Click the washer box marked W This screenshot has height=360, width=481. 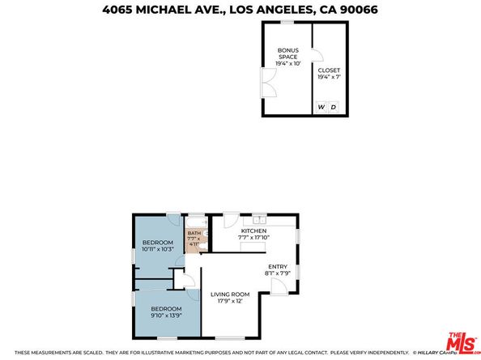click(321, 107)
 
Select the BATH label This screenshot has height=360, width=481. click(193, 233)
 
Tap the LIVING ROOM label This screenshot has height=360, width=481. click(230, 294)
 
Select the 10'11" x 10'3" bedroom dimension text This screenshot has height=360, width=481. click(158, 248)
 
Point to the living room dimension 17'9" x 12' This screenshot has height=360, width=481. click(230, 301)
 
